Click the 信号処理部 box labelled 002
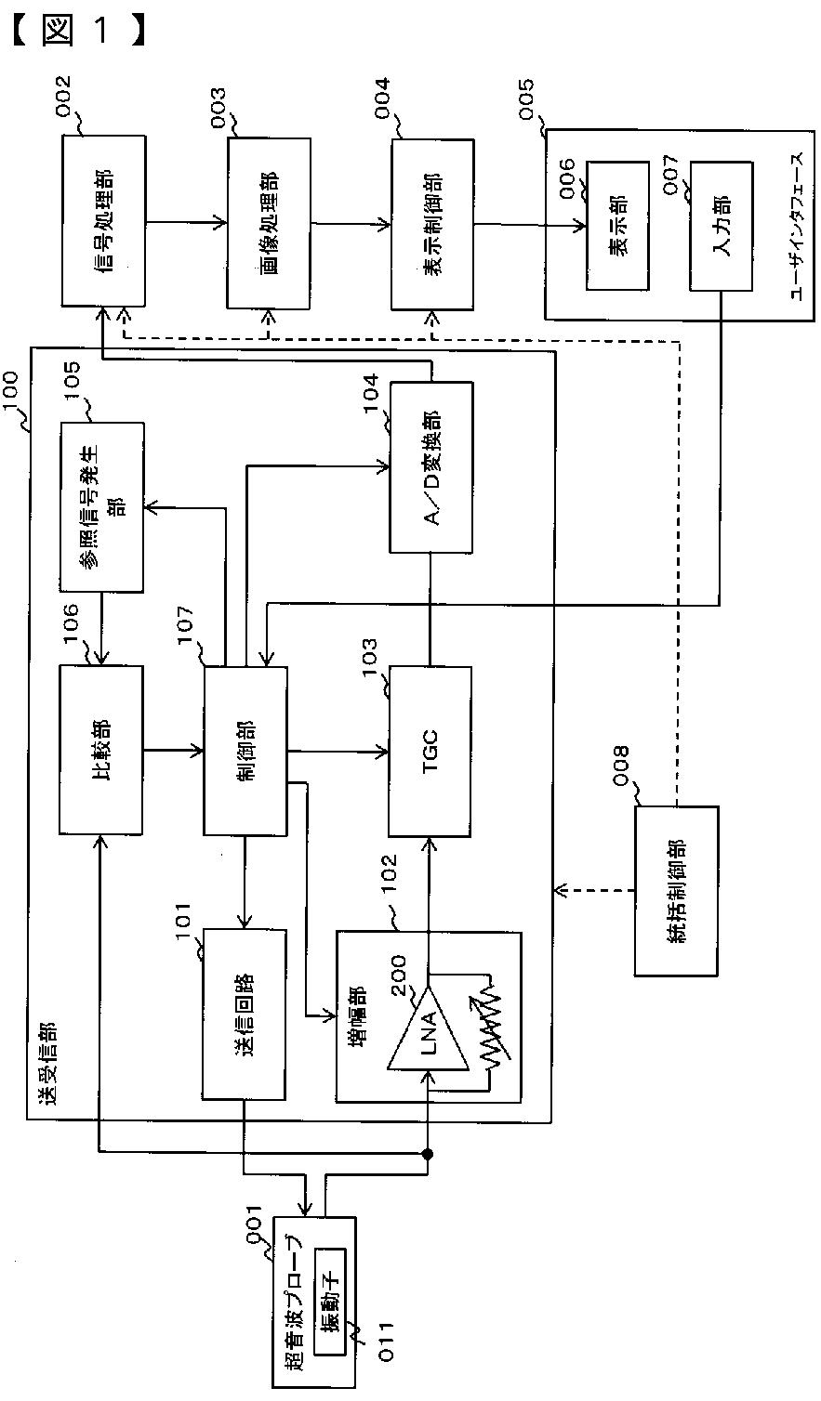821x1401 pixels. pyautogui.click(x=104, y=221)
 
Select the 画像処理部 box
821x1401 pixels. pyautogui.click(x=269, y=223)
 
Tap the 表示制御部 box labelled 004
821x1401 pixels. pyautogui.click(x=432, y=225)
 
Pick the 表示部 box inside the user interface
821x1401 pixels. pyautogui.click(x=617, y=226)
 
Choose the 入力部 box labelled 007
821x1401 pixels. pyautogui.click(x=721, y=227)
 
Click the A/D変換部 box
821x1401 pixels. pyautogui.click(x=431, y=467)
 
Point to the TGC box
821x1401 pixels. pyautogui.click(x=430, y=752)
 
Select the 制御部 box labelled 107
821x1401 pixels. pyautogui.click(x=245, y=751)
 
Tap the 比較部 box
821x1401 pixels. pyautogui.click(x=101, y=750)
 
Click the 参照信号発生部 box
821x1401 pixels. pyautogui.click(x=102, y=507)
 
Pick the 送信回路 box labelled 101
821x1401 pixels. pyautogui.click(x=245, y=1015)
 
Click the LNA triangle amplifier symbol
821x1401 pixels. pyautogui.click(x=428, y=1028)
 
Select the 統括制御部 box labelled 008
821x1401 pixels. pyautogui.click(x=677, y=891)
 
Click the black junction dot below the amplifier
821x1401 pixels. pyautogui.click(x=427, y=1153)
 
